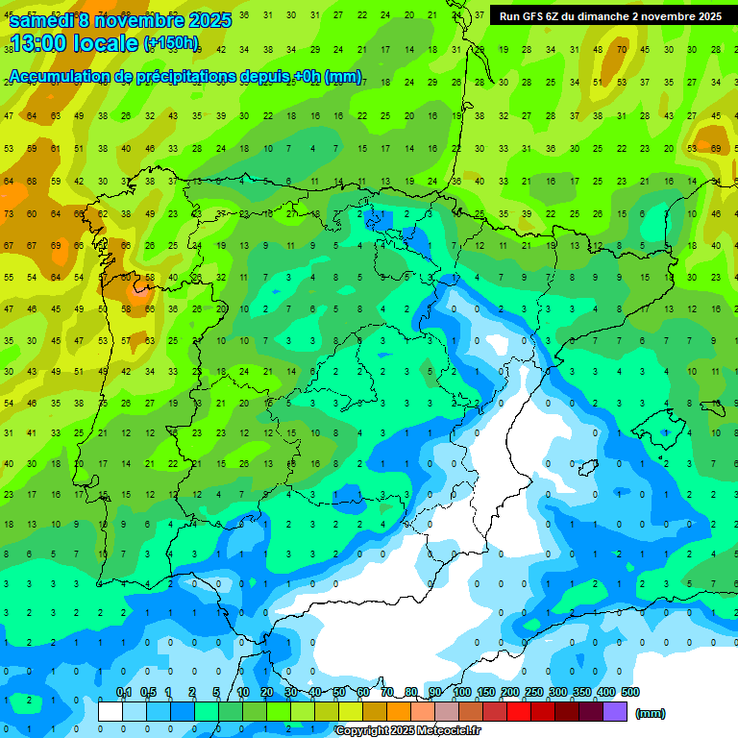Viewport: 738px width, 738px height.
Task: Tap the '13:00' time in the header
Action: tap(37, 43)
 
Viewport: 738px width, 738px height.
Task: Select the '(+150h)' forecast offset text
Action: tap(171, 43)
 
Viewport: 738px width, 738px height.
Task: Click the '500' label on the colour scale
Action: tap(629, 692)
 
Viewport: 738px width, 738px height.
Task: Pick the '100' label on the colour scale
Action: tap(462, 692)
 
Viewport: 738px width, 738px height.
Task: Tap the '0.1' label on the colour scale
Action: tap(124, 692)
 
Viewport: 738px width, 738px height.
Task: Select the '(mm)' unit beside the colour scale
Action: tap(650, 713)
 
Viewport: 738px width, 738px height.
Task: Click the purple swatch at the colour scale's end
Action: tap(615, 712)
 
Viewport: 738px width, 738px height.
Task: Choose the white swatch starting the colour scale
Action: tap(111, 712)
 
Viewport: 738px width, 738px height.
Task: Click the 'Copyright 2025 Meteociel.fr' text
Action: tap(406, 731)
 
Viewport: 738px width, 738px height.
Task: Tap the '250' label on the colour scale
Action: tap(534, 692)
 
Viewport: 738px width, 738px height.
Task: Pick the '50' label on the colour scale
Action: tap(339, 692)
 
